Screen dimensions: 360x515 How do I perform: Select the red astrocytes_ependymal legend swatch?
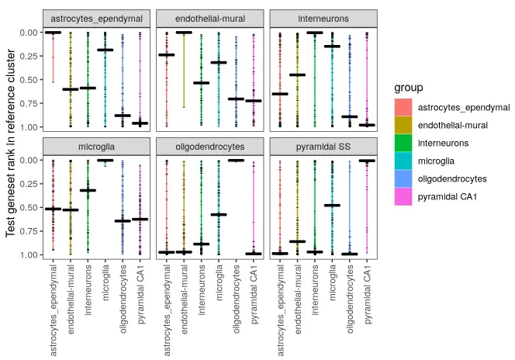403,108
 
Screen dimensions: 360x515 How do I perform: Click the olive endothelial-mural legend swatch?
403,126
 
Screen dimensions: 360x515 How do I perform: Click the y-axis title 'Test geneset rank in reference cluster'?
11,144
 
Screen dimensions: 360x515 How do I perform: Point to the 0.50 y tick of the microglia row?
28,207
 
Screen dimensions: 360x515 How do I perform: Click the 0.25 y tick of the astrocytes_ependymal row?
28,56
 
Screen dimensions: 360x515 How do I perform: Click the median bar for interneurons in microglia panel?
88,190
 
